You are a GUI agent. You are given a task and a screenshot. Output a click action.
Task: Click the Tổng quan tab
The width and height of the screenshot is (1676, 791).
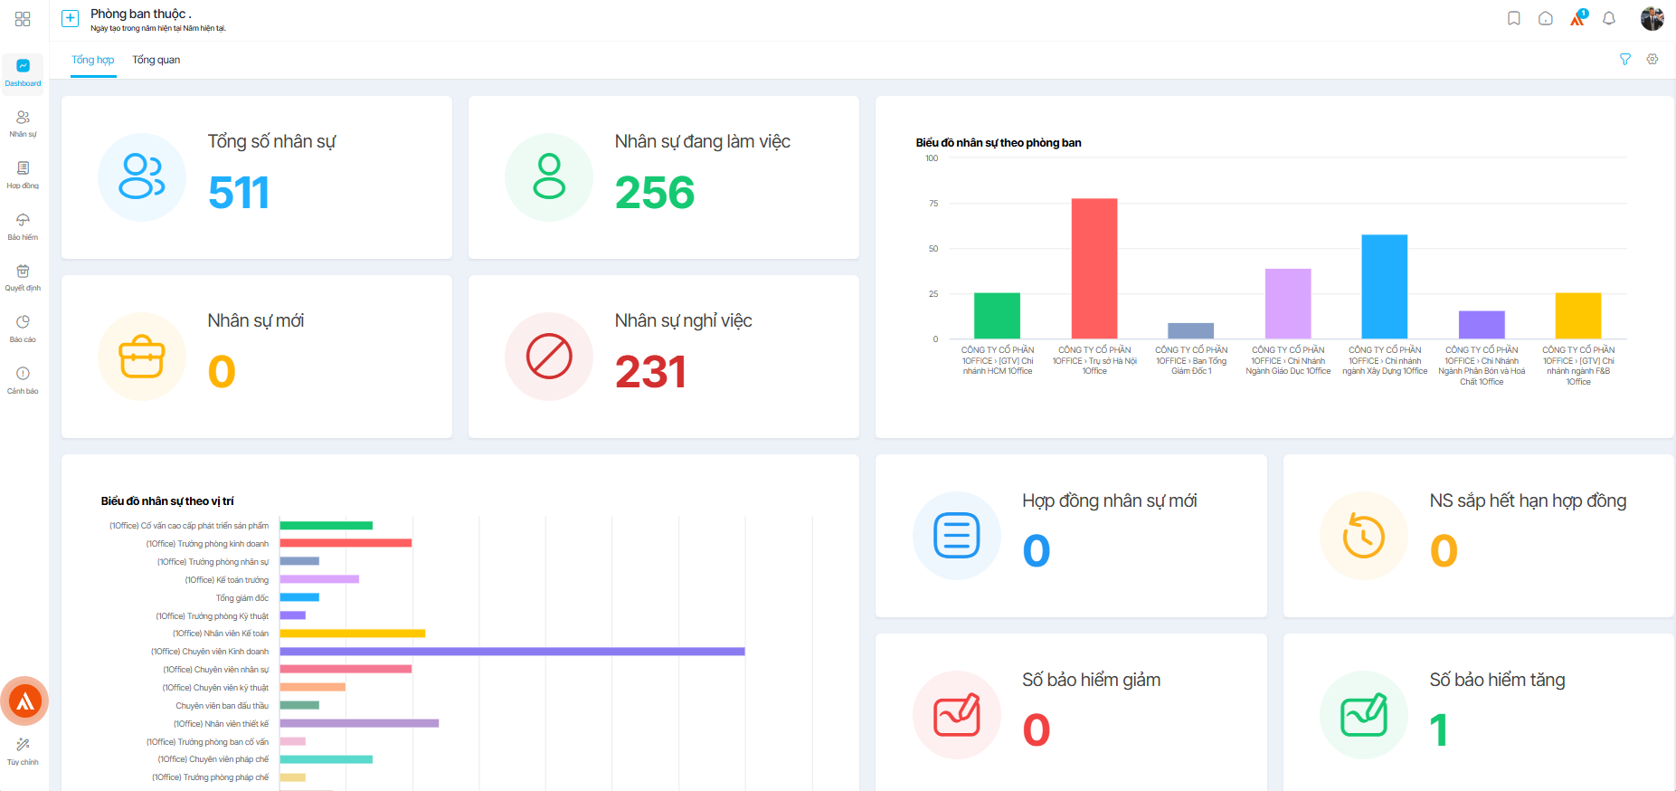156,60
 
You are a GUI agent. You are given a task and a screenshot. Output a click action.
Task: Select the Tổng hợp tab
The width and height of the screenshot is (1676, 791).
93,60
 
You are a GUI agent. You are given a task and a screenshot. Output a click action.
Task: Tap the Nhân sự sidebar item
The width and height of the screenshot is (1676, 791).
23,123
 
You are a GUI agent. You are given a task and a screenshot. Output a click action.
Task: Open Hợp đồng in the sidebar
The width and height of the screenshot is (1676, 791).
23,175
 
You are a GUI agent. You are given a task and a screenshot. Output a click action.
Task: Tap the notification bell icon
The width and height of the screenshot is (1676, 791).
1609,18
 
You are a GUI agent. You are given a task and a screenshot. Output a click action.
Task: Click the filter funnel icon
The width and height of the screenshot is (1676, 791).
1625,60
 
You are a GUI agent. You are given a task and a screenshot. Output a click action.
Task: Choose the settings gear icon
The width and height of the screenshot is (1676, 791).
1652,60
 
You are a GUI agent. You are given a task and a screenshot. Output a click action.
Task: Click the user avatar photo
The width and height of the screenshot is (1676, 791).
1652,18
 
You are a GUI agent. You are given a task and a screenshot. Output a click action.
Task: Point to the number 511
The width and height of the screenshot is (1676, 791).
239,193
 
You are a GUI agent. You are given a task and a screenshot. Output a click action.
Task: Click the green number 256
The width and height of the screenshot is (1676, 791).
655,193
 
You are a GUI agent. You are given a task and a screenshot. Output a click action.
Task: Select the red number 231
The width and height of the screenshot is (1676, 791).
650,372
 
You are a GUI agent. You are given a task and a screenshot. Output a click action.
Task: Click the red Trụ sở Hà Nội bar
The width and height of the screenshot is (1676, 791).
1094,269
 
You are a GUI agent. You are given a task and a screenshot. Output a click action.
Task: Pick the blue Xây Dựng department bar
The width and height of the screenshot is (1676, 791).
1385,287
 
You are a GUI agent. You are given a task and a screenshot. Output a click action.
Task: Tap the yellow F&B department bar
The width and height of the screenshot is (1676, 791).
1578,316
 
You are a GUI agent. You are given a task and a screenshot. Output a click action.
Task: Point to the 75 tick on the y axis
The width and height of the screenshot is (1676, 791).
933,204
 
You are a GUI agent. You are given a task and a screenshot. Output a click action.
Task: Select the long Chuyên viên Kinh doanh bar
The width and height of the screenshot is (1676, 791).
512,652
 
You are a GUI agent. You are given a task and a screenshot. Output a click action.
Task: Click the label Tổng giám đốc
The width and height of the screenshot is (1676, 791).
242,598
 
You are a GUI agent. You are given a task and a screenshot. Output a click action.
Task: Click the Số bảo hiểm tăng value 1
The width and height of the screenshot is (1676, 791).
1439,730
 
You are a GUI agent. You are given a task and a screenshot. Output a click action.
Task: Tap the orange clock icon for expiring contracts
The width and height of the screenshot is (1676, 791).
1364,536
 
